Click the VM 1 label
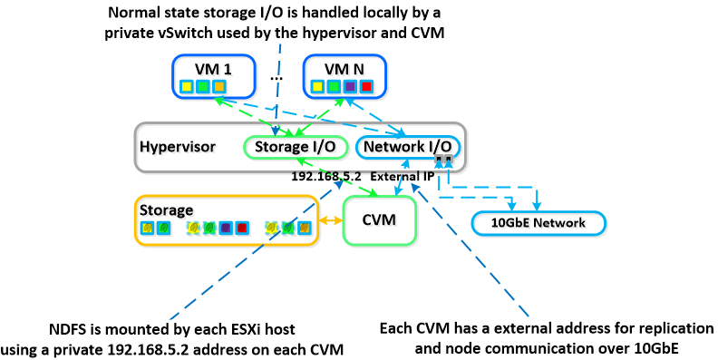coord(213,69)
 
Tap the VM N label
coord(344,69)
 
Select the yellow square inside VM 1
coord(186,86)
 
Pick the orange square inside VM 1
coord(218,86)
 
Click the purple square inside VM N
coord(350,86)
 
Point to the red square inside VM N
coord(366,86)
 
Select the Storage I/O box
coord(295,147)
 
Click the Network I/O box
coord(408,147)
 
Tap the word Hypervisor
coord(177,147)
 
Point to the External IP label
coord(402,176)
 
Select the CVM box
coord(380,220)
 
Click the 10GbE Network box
coord(538,223)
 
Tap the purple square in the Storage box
coord(226,228)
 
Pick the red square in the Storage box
coord(241,228)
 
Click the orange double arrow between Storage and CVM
coord(331,220)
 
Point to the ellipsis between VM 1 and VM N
coord(277,78)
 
